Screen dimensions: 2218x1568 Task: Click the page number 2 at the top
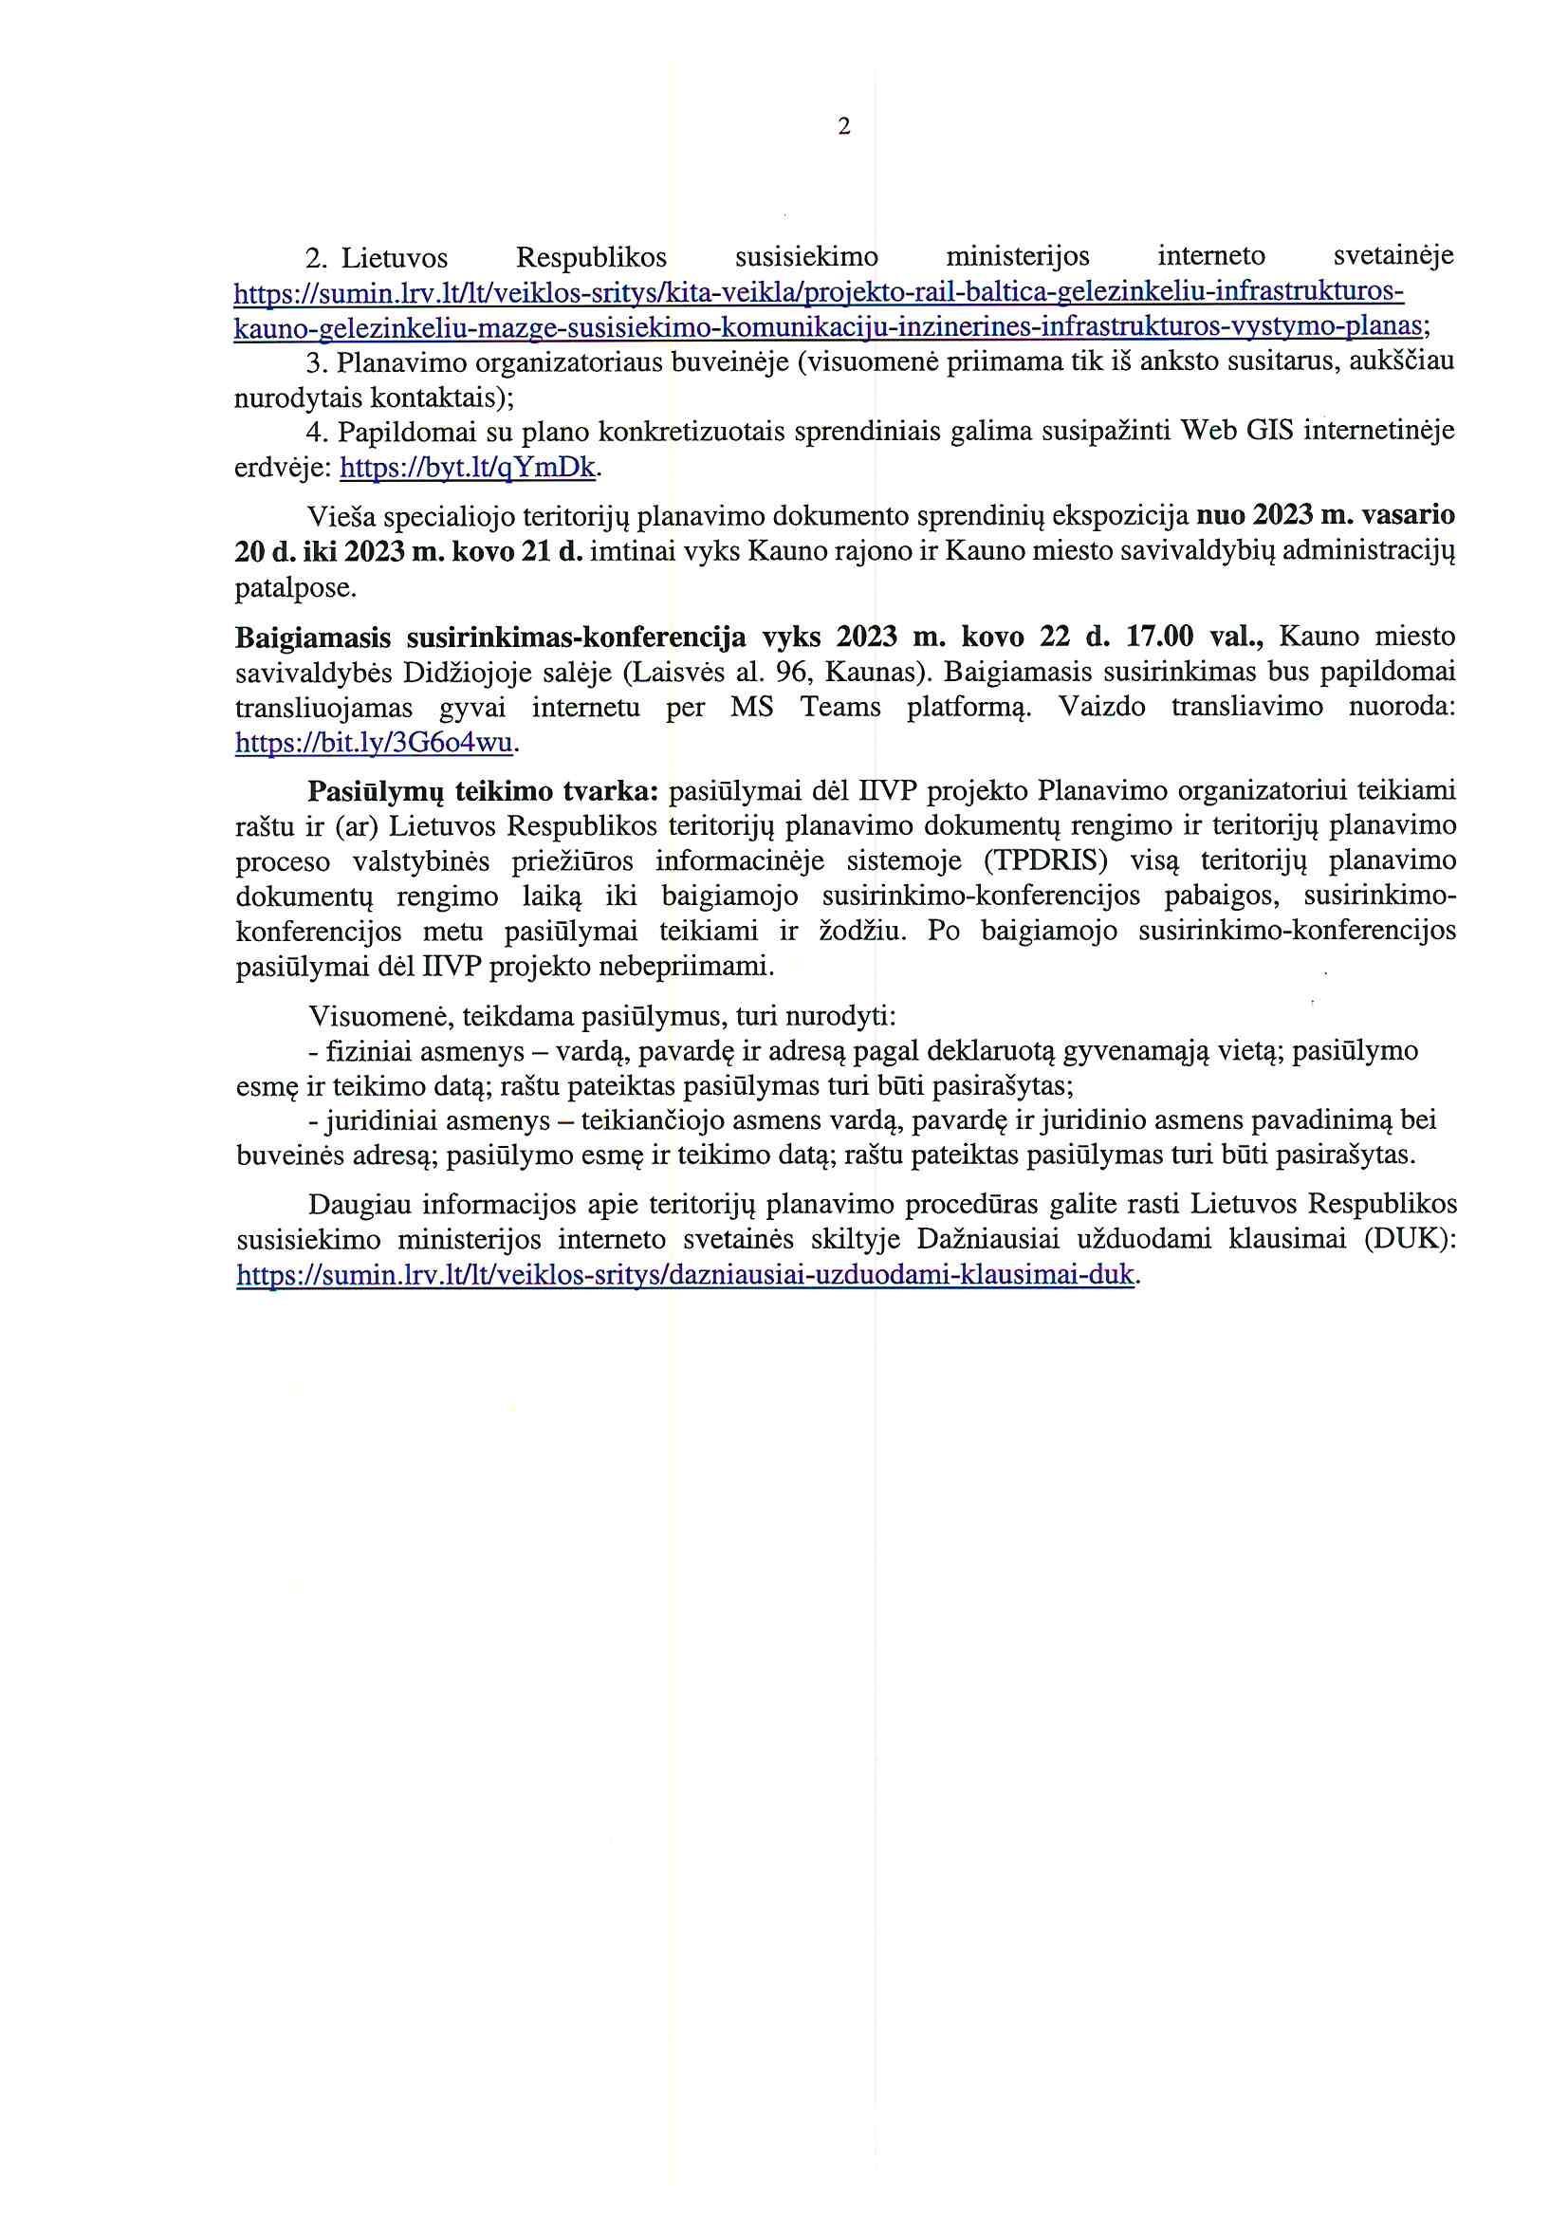click(844, 126)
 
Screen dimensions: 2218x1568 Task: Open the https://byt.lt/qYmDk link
click(470, 469)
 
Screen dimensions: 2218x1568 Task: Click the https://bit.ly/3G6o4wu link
click(377, 743)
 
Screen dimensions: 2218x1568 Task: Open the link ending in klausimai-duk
click(684, 1275)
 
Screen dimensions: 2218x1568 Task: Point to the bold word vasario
click(1408, 517)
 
